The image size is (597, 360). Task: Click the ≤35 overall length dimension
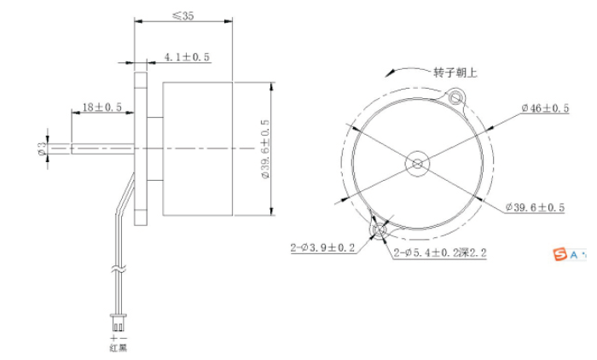[x=183, y=15]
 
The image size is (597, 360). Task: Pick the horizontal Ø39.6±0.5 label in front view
[x=537, y=207]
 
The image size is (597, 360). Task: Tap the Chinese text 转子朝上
[x=455, y=73]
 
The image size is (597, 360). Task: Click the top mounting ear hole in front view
[x=456, y=97]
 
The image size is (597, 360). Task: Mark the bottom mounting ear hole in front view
[x=379, y=229]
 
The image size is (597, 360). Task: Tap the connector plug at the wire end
[x=117, y=324]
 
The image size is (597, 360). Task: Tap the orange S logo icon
[x=560, y=253]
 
